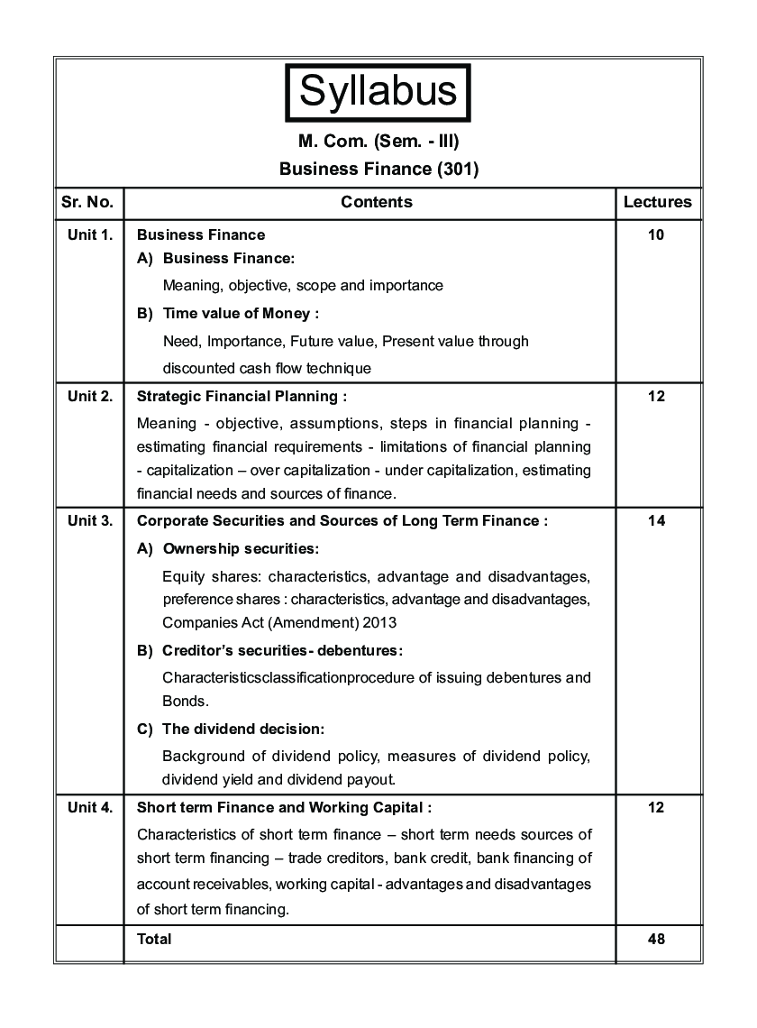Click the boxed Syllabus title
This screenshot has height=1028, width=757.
tap(378, 92)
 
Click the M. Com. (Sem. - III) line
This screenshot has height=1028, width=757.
tap(378, 142)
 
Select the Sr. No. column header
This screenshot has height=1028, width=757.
tap(87, 202)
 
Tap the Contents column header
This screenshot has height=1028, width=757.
tap(377, 202)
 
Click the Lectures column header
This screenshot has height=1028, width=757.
tap(657, 202)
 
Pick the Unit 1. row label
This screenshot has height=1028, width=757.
tap(90, 234)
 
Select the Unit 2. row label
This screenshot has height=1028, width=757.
tap(90, 395)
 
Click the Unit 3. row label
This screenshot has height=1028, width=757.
tap(90, 520)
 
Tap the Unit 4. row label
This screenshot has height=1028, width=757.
tap(90, 807)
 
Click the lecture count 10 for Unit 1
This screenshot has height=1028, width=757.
tap(656, 234)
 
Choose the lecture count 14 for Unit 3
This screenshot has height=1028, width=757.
tap(656, 520)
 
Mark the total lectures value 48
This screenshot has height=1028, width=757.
tap(656, 939)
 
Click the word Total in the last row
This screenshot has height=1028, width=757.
tap(154, 939)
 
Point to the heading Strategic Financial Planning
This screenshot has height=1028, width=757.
tap(239, 395)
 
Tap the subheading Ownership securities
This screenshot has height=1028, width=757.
tap(241, 548)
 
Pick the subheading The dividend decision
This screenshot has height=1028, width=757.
tap(242, 729)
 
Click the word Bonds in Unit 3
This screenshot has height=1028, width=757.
tap(184, 701)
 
